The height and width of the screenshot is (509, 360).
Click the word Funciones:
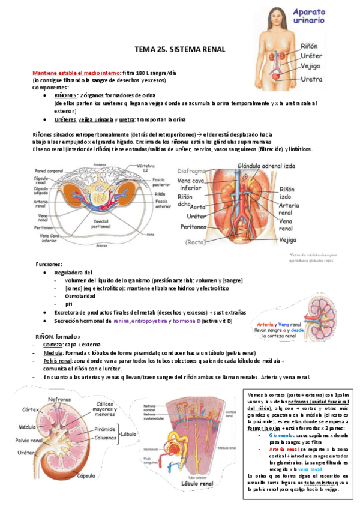(x=49, y=264)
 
